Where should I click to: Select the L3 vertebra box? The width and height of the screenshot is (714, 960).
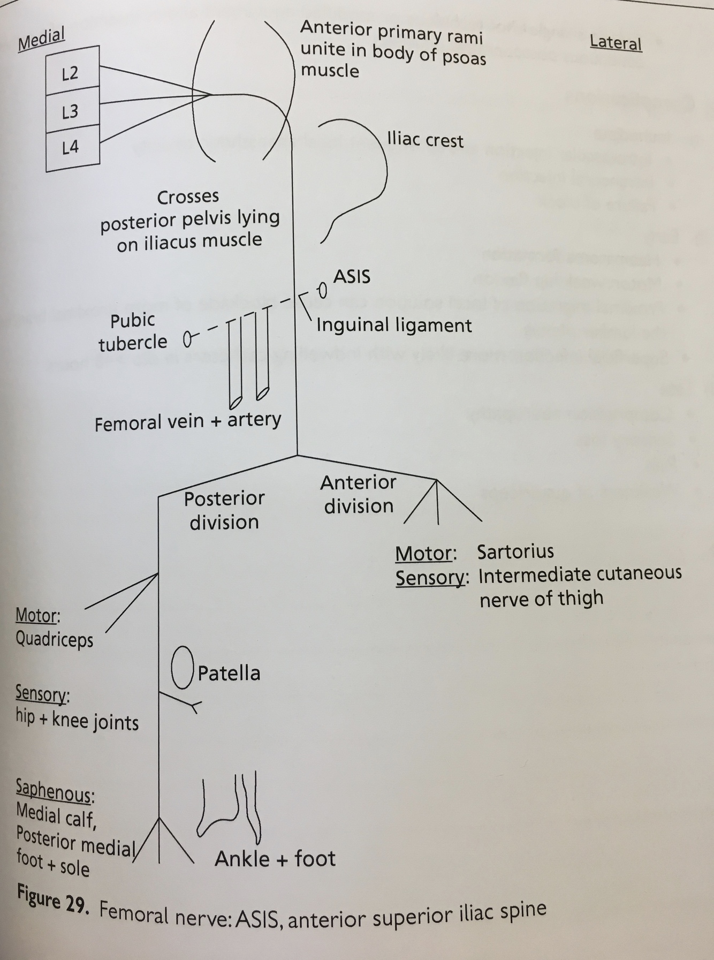click(x=72, y=111)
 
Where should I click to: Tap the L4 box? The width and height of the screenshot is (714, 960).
click(x=72, y=147)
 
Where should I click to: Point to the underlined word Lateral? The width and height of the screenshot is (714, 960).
click(x=616, y=42)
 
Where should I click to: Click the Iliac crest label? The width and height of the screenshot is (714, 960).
click(x=425, y=140)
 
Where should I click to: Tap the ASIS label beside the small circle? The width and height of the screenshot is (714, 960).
click(x=352, y=277)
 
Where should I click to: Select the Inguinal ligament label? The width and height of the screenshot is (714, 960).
click(x=394, y=326)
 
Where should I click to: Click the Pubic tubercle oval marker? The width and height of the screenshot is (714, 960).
click(x=187, y=339)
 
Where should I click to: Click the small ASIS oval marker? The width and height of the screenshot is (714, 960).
click(x=322, y=290)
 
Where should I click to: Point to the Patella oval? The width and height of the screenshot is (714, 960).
click(x=182, y=668)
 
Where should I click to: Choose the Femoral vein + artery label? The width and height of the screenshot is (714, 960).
click(x=187, y=422)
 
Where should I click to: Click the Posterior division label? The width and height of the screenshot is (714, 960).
click(x=224, y=510)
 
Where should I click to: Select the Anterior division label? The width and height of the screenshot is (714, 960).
click(x=358, y=494)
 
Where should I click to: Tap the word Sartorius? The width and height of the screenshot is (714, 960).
click(x=515, y=551)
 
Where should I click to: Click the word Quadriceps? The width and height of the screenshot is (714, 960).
click(x=54, y=639)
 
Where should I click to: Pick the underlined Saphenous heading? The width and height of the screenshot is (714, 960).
click(x=54, y=791)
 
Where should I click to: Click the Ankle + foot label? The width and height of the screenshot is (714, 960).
click(x=275, y=858)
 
